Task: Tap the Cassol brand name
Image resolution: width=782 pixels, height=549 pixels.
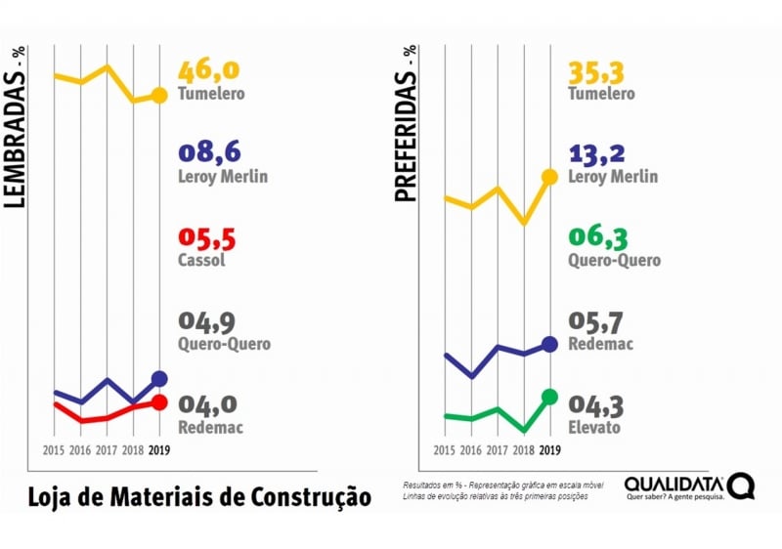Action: pyautogui.click(x=202, y=261)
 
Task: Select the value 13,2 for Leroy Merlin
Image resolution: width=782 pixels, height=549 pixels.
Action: pyautogui.click(x=599, y=155)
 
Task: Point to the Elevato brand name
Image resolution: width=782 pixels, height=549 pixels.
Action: pyautogui.click(x=597, y=427)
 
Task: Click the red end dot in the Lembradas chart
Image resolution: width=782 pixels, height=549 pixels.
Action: pyautogui.click(x=160, y=402)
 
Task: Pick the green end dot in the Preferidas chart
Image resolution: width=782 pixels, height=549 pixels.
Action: pyautogui.click(x=549, y=397)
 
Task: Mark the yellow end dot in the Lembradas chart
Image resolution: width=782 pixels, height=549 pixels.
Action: pyautogui.click(x=160, y=95)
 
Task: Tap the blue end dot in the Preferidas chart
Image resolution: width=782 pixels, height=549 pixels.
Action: pyautogui.click(x=549, y=344)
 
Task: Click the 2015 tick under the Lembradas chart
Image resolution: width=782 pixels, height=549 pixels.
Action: pyautogui.click(x=54, y=451)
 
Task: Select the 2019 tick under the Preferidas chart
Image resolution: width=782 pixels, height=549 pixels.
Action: pyautogui.click(x=549, y=451)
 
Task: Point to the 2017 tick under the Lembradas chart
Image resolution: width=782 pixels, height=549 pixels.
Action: pyautogui.click(x=107, y=451)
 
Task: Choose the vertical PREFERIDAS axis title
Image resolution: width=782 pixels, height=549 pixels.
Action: pyautogui.click(x=406, y=123)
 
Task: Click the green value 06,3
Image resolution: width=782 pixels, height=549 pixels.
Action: pyautogui.click(x=598, y=239)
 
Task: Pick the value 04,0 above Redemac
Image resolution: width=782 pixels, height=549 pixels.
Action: pyautogui.click(x=208, y=405)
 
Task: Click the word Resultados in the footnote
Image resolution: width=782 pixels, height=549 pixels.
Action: pyautogui.click(x=423, y=486)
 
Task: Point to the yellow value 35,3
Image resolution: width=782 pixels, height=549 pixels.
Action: pyautogui.click(x=598, y=72)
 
